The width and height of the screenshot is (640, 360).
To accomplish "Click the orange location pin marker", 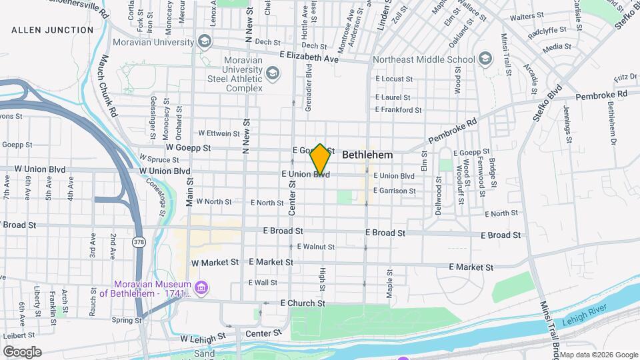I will tap(320, 160).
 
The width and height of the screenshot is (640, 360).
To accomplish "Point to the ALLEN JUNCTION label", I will tap(53, 30).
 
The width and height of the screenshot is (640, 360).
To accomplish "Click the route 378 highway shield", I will tap(138, 241).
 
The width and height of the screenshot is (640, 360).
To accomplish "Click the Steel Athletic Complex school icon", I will tap(272, 72).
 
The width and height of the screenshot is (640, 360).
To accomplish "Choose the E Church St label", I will tap(303, 303).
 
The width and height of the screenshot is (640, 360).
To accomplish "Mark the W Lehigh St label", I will tap(203, 339).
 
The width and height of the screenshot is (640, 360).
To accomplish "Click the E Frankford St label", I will tap(399, 110).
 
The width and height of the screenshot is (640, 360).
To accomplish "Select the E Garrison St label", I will tap(394, 191).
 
